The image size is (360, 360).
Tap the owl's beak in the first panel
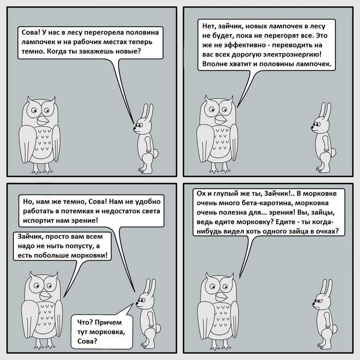click(43, 120)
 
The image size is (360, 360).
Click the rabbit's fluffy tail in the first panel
click(155, 153)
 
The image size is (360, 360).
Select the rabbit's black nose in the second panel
click(312, 127)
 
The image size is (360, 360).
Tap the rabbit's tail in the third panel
click(158, 328)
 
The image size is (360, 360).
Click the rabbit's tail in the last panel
click(334, 328)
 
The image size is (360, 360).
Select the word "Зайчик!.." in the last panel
click(279, 193)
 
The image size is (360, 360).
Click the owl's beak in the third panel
click(45, 296)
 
